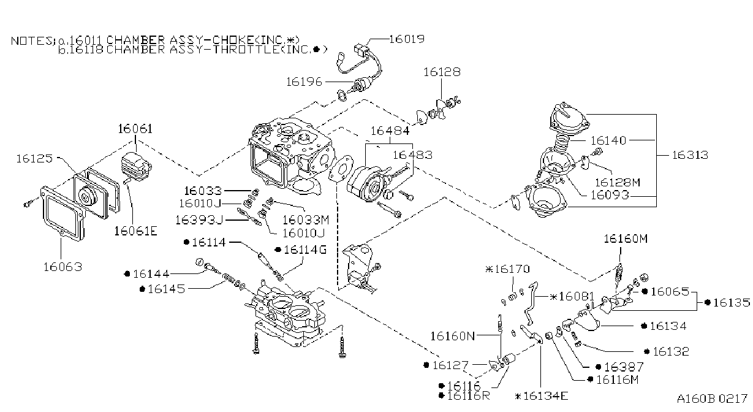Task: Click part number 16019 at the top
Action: tap(407, 39)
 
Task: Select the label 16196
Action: tap(304, 82)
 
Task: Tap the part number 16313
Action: tap(690, 155)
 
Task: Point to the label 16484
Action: tap(390, 131)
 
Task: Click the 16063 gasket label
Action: tap(63, 267)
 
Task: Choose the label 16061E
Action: tap(136, 231)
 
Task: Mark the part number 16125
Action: tap(35, 158)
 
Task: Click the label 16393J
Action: tap(199, 220)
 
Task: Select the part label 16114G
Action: tap(305, 250)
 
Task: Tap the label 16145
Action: tap(167, 289)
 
